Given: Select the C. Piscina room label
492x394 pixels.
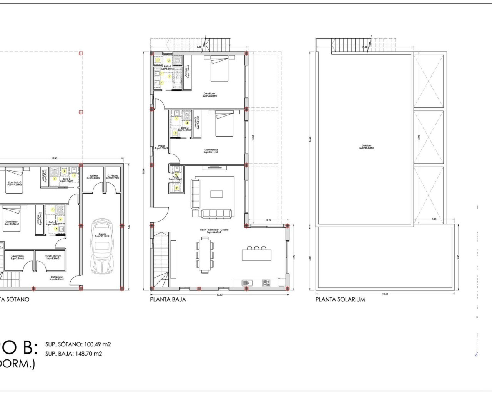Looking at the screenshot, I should (x=113, y=177).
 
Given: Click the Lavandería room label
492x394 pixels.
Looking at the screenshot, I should (x=17, y=257).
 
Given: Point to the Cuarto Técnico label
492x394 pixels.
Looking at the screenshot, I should (x=53, y=257).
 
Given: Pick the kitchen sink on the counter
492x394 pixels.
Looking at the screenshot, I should (x=246, y=283).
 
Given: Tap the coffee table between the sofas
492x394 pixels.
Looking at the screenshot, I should (x=216, y=194).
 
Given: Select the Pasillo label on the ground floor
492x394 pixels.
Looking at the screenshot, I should (x=161, y=147).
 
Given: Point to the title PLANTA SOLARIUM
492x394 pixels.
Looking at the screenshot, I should (x=340, y=299).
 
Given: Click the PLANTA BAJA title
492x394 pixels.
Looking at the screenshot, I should (x=168, y=299).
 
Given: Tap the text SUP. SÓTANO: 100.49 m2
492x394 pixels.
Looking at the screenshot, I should (x=78, y=345).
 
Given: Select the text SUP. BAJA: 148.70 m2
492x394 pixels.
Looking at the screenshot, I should (x=74, y=354).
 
